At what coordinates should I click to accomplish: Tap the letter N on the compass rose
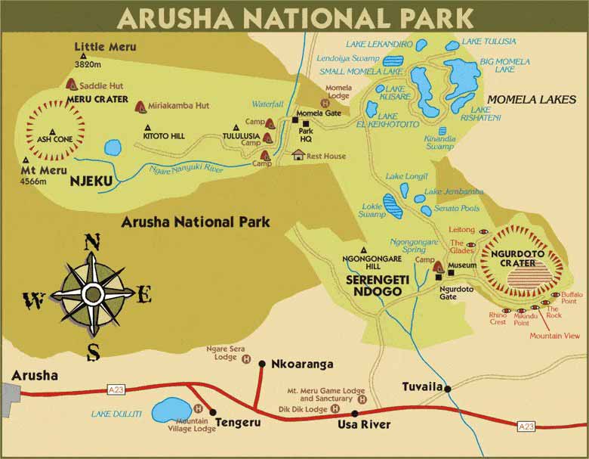[91, 243]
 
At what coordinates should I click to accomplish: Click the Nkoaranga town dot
[262, 364]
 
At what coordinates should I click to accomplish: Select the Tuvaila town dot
[448, 389]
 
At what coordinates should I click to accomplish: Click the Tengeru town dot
[213, 412]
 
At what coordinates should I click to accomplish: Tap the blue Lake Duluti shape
[171, 411]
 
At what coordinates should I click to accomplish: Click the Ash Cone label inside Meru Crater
[55, 139]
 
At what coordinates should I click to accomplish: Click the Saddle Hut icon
[72, 85]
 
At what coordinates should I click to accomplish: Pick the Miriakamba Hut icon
[140, 106]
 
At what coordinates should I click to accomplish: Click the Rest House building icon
[298, 155]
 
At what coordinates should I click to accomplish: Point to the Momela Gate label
[319, 113]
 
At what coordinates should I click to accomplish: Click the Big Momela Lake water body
[461, 76]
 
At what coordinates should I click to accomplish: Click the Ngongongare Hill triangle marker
[364, 250]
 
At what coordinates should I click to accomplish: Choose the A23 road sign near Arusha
[116, 389]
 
